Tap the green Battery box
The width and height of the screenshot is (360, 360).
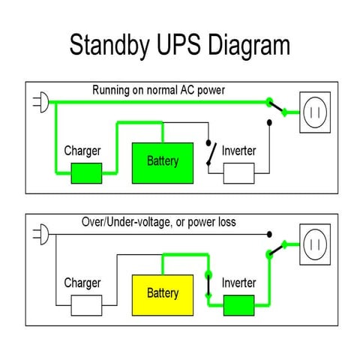click(163, 161)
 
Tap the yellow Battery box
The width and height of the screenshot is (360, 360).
click(163, 292)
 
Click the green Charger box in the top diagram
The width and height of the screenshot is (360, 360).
click(86, 173)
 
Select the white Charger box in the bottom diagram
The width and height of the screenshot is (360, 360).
click(86, 305)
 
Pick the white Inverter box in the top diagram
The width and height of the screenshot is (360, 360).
click(239, 173)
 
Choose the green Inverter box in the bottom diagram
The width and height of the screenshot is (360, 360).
click(239, 305)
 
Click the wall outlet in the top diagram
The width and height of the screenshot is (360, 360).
click(316, 112)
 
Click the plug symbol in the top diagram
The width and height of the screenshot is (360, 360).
click(40, 103)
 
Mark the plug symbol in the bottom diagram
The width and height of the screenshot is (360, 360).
click(40, 234)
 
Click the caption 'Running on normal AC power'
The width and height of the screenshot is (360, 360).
click(158, 90)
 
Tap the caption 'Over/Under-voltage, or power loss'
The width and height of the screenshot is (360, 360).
click(158, 222)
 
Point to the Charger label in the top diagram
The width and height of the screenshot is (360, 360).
click(82, 151)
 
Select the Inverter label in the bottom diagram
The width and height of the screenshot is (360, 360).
click(239, 283)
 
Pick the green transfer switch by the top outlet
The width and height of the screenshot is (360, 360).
click(278, 109)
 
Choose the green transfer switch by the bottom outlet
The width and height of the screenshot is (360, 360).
click(278, 248)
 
